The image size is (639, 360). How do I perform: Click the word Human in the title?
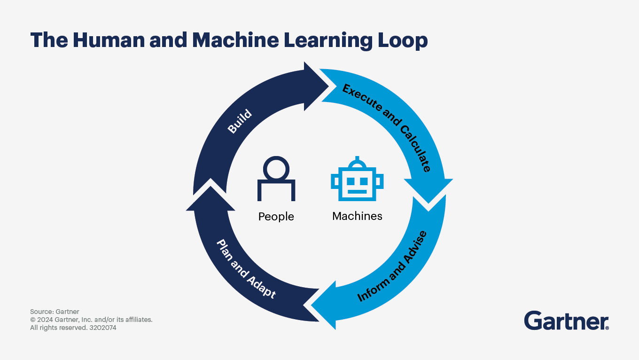[x=100, y=40]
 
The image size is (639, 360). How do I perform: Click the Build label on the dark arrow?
[x=240, y=122]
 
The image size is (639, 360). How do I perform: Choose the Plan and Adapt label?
[x=246, y=269]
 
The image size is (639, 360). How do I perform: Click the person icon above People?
[x=276, y=179]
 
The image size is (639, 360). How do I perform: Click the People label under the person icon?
[x=276, y=217]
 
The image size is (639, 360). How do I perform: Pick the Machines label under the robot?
[x=357, y=216]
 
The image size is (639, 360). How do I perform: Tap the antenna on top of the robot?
[x=357, y=160]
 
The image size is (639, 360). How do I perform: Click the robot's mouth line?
[x=357, y=191]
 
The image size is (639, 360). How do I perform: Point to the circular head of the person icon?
[x=276, y=168]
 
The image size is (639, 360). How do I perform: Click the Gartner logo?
[x=566, y=321]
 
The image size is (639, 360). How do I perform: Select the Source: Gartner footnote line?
[x=55, y=312]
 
